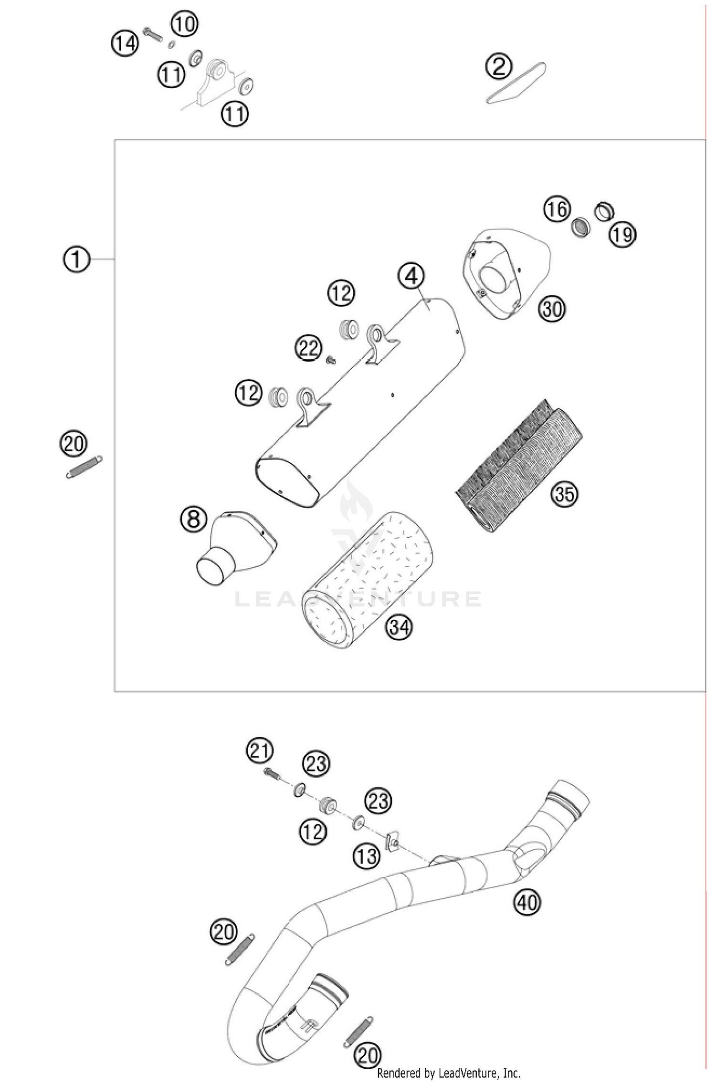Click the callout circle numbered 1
coord(76,260)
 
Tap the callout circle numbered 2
coord(498,67)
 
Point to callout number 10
coord(184,23)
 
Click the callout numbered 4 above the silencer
coord(411,276)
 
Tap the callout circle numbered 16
coord(557,209)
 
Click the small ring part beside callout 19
coord(604,210)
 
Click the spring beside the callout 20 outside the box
coord(84,467)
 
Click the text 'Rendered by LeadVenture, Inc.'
coord(448,1073)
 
